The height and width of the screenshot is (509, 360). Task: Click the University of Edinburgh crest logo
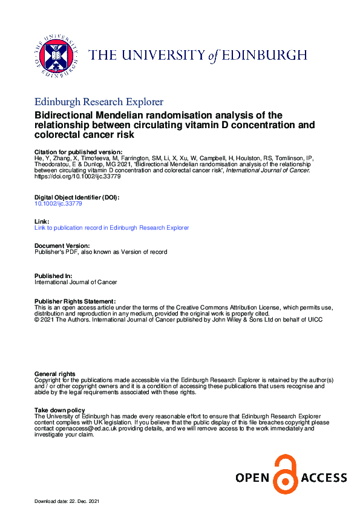(56, 54)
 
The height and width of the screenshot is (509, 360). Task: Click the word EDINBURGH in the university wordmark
(263, 56)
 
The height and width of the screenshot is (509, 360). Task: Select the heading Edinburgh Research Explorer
(99, 102)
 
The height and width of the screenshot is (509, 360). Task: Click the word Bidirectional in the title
(66, 115)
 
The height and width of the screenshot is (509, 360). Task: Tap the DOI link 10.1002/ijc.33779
(58, 204)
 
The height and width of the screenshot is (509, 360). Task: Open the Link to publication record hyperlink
(112, 227)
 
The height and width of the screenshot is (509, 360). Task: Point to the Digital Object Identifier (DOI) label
(77, 198)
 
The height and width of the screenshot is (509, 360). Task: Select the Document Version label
(62, 245)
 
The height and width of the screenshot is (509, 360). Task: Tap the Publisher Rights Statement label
(75, 301)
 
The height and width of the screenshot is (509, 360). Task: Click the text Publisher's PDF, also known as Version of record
(101, 251)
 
